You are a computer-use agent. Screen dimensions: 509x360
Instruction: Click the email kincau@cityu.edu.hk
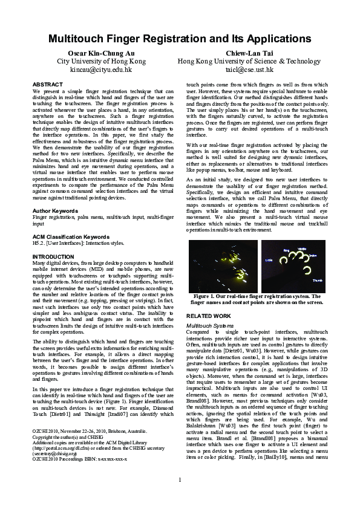pyautogui.click(x=101, y=70)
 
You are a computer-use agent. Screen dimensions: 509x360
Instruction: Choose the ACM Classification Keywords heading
pyautogui.click(x=71, y=236)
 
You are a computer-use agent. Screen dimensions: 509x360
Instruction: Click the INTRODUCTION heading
pyautogui.click(x=53, y=256)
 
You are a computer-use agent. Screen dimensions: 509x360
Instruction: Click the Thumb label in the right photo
pyautogui.click(x=317, y=280)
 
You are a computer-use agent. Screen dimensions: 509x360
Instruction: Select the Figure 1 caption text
pyautogui.click(x=257, y=299)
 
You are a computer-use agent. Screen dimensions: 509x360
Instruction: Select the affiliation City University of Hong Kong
pyautogui.click(x=101, y=62)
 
